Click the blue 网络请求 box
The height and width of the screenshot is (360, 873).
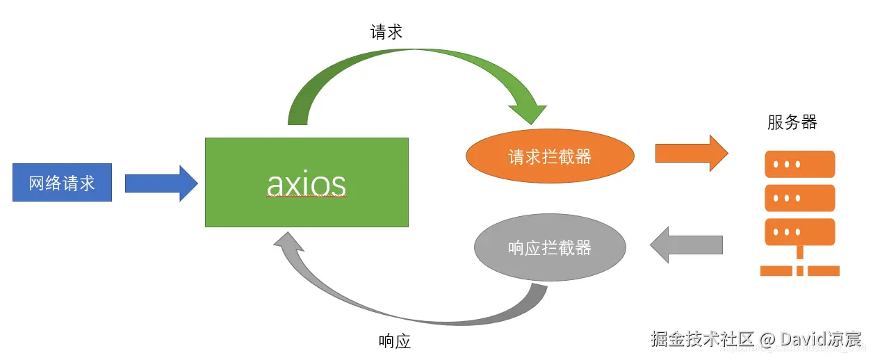[62, 183]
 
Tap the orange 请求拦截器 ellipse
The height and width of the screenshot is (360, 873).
[549, 157]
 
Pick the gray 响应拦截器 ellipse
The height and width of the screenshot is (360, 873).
[549, 247]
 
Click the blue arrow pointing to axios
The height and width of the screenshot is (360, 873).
[161, 183]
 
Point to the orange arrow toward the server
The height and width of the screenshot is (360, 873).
[691, 153]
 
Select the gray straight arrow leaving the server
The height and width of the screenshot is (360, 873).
[685, 245]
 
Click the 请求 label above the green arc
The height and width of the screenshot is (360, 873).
[386, 32]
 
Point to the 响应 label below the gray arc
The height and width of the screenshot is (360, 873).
[395, 341]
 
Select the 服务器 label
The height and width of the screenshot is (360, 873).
[792, 123]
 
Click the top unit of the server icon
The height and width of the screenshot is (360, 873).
[799, 165]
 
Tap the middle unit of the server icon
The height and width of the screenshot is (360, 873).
[799, 198]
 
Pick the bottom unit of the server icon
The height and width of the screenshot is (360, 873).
[799, 231]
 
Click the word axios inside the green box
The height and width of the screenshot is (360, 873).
[307, 184]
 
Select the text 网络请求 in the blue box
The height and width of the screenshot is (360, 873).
[62, 183]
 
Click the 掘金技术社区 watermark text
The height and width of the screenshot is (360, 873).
[702, 339]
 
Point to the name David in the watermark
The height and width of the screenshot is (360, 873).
[803, 339]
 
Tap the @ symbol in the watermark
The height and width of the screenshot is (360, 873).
[767, 340]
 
